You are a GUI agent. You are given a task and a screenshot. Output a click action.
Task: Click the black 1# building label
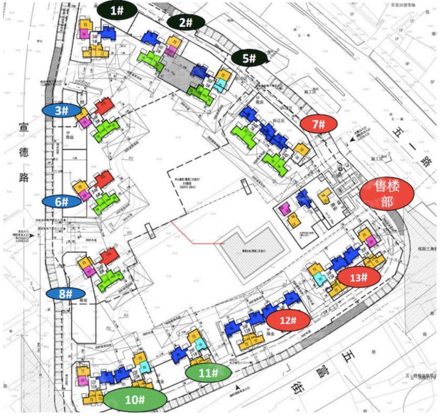coord(116,10)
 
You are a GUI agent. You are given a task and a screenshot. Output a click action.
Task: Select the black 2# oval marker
coord(186,23)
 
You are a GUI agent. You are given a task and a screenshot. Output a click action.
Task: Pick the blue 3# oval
coord(61,111)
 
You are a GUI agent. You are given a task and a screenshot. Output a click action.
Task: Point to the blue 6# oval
coord(62,201)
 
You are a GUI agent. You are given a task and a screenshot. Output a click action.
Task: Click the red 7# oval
coord(319,124)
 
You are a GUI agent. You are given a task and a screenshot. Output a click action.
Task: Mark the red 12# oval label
coord(288,320)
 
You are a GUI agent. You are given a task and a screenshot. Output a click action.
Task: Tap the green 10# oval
coord(135,399)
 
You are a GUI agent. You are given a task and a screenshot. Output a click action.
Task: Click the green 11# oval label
coord(208,373)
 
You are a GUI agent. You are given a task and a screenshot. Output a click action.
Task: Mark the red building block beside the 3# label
coord(103,107)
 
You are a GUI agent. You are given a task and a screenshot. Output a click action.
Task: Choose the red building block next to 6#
coord(104,179)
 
